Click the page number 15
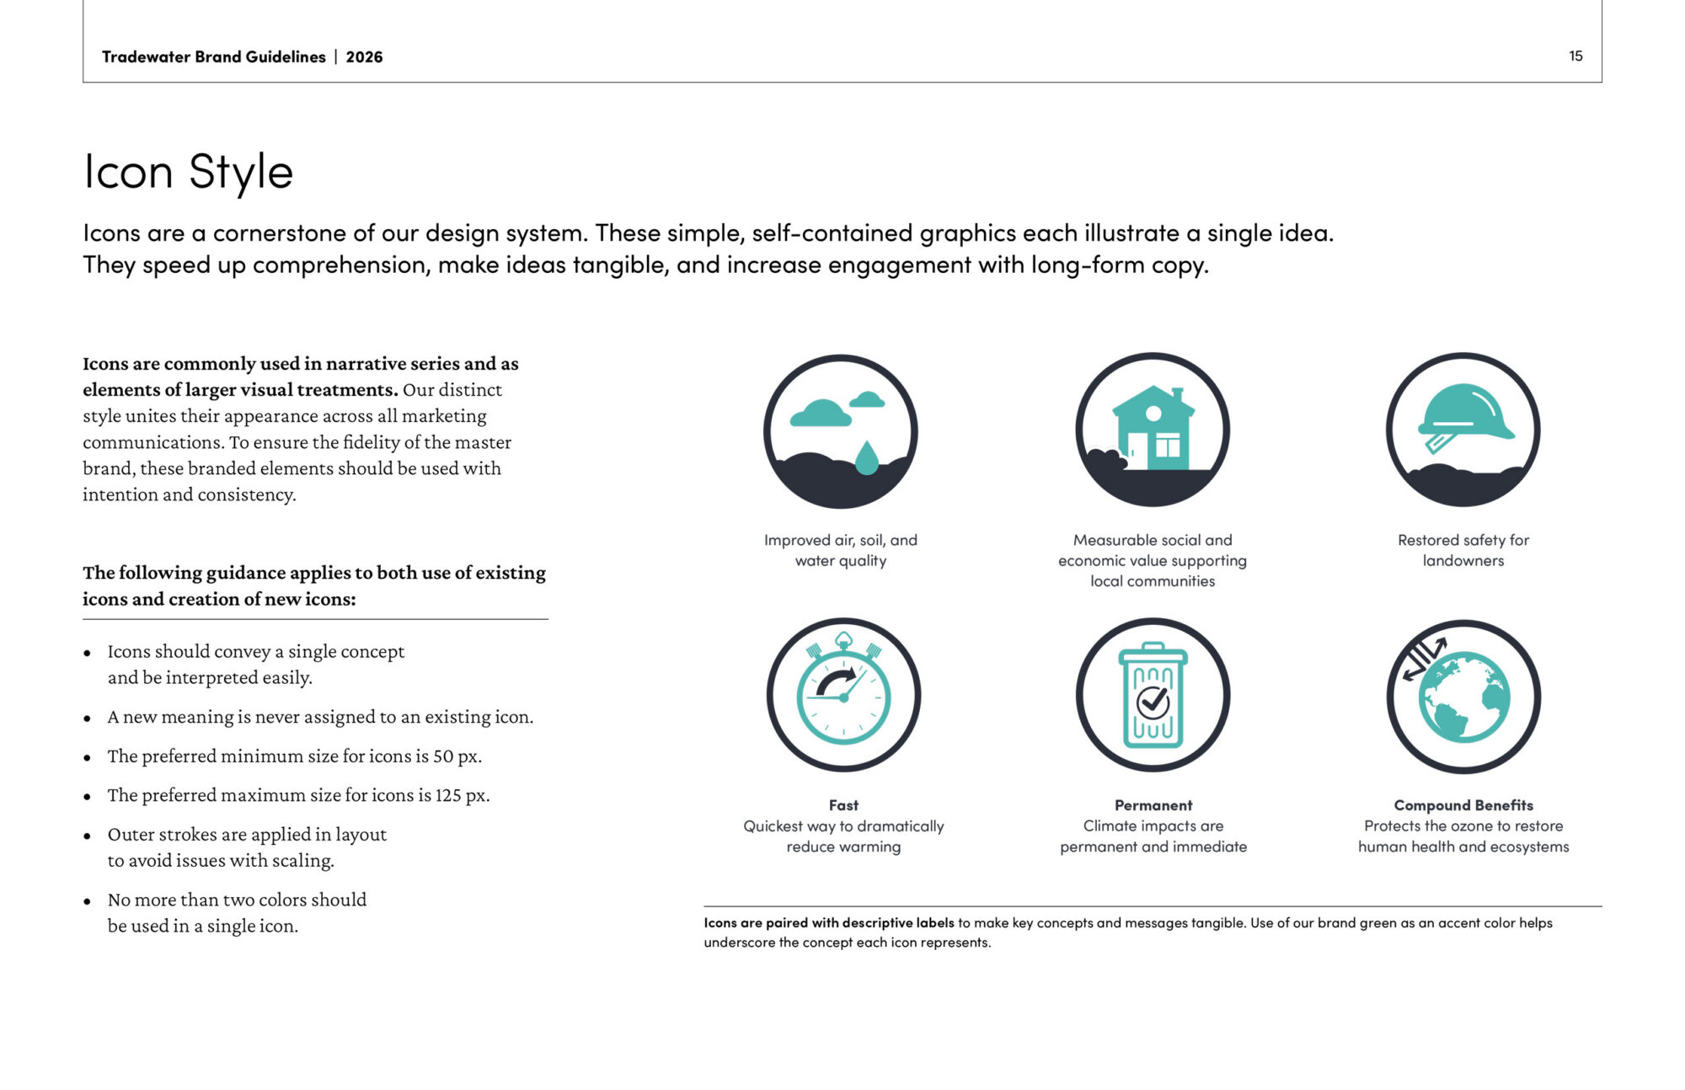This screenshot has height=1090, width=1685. pos(1575,56)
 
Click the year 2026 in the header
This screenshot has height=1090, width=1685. pos(364,56)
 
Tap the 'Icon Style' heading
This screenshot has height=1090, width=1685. pos(188,172)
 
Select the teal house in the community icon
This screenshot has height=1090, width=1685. pos(1153,428)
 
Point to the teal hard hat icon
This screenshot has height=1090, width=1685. pos(1464,417)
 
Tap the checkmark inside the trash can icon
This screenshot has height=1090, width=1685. pos(1153,701)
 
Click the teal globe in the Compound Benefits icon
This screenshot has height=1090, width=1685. pos(1464,697)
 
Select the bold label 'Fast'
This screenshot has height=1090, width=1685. pos(843,805)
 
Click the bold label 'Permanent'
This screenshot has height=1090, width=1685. pos(1153,805)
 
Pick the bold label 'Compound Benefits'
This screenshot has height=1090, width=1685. pos(1463,805)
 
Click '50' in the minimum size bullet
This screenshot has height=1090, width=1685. pos(443,756)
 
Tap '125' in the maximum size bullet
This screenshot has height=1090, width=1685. pos(449,795)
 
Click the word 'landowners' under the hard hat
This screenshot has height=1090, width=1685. pos(1463,561)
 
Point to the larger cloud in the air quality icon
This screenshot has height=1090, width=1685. pos(821,414)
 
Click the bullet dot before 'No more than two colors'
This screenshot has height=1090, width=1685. pos(87,901)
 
